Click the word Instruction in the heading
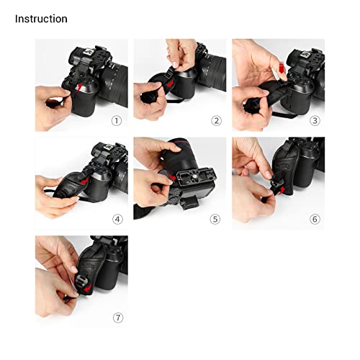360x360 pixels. point(41,19)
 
